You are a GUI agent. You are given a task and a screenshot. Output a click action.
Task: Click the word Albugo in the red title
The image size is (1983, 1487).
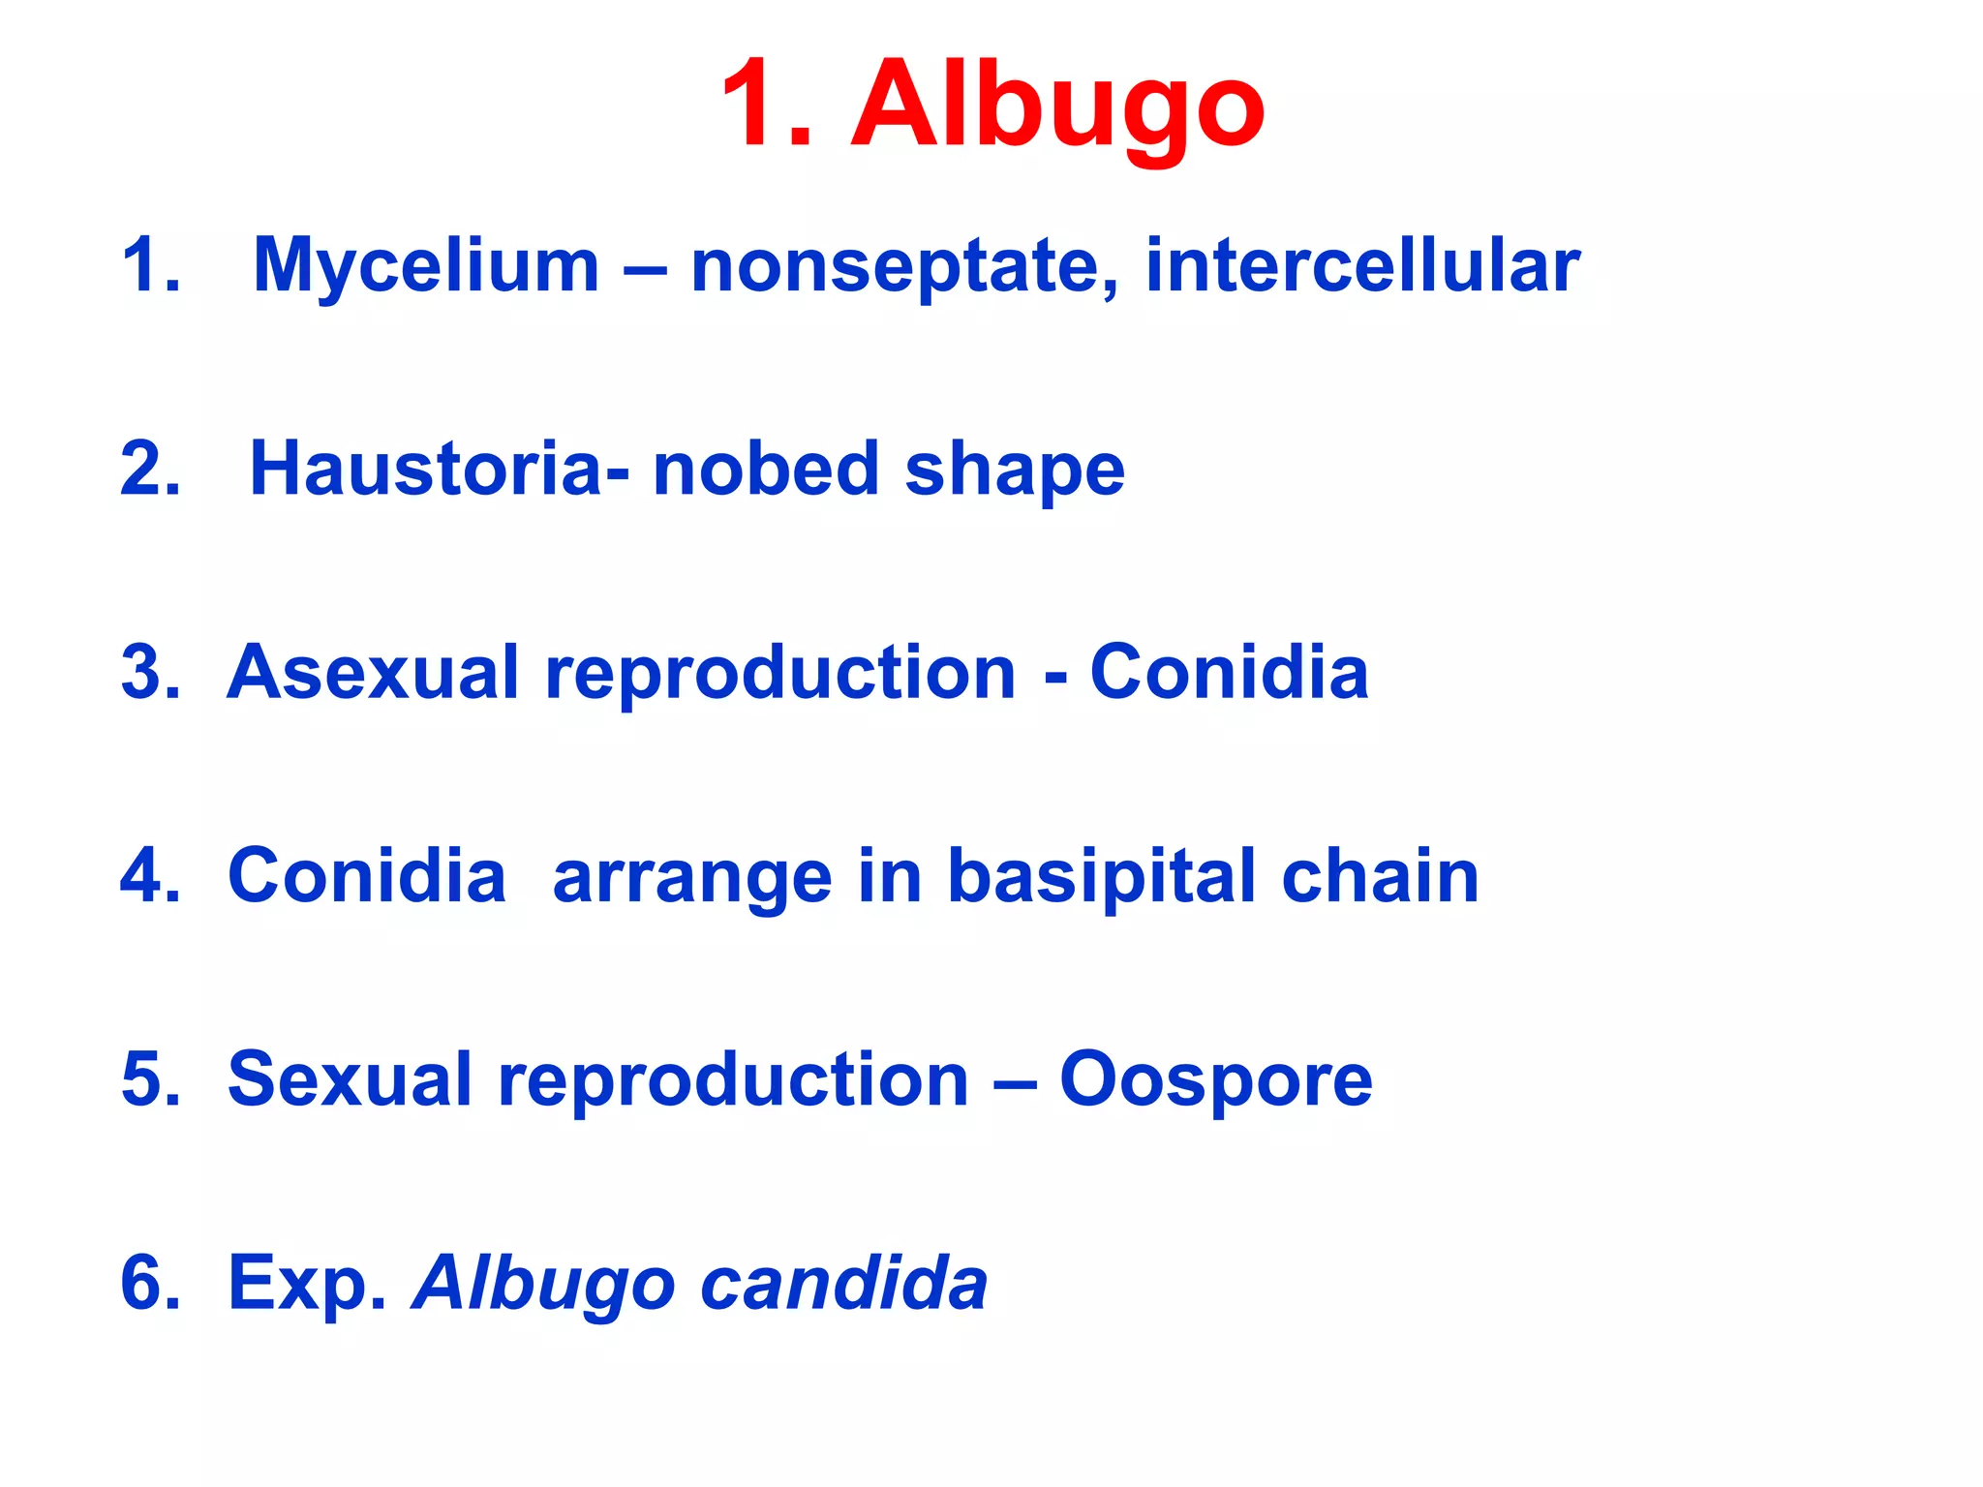1057,105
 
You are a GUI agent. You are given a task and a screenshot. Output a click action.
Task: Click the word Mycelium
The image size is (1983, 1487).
426,266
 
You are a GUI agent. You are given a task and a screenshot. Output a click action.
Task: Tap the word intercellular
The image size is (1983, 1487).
1362,265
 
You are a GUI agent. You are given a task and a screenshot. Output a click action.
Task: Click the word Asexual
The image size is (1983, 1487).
374,672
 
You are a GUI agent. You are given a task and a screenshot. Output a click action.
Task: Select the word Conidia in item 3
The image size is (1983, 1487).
1229,672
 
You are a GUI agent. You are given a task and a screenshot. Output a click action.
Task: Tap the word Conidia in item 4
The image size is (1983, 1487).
367,876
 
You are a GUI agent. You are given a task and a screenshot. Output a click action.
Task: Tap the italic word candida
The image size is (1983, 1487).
843,1284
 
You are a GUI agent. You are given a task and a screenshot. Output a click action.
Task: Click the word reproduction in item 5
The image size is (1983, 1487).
733,1080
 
